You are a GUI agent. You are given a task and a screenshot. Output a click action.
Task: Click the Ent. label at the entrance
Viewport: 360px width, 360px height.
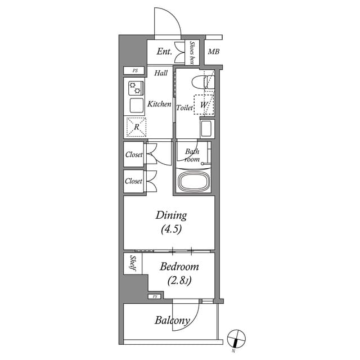[164, 52]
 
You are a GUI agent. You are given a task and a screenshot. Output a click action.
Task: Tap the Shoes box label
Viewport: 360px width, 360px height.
[192, 52]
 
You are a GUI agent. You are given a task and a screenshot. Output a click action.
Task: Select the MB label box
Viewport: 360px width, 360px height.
[213, 52]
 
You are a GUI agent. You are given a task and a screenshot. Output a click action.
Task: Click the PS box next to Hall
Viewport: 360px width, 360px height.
[135, 71]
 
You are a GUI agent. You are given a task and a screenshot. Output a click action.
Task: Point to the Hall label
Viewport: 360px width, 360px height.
[161, 73]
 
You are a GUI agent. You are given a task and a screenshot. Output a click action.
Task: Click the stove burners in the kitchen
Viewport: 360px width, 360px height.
[136, 88]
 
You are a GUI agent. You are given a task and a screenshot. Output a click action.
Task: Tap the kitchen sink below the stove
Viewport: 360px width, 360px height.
[136, 105]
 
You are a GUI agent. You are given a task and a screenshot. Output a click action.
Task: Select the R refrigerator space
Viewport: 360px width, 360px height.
[136, 127]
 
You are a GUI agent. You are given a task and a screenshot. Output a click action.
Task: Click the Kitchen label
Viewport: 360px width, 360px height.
[159, 104]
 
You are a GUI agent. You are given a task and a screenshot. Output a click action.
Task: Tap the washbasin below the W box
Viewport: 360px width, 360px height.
[206, 128]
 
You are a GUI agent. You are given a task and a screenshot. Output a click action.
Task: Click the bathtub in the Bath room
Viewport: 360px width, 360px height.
[194, 182]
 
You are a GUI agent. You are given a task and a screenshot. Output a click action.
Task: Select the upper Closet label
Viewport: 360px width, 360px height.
[134, 155]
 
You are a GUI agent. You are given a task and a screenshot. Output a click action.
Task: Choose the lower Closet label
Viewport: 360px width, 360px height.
[134, 181]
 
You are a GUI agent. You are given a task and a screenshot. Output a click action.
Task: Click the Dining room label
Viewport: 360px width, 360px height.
[171, 215]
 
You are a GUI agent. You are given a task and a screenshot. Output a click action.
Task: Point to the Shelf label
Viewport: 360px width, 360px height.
[133, 263]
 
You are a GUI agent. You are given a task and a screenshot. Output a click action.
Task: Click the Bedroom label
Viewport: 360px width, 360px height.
[179, 267]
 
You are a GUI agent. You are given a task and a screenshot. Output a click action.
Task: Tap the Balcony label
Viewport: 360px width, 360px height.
[172, 321]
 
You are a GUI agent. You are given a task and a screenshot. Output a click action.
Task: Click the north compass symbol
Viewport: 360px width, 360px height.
[236, 339]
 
